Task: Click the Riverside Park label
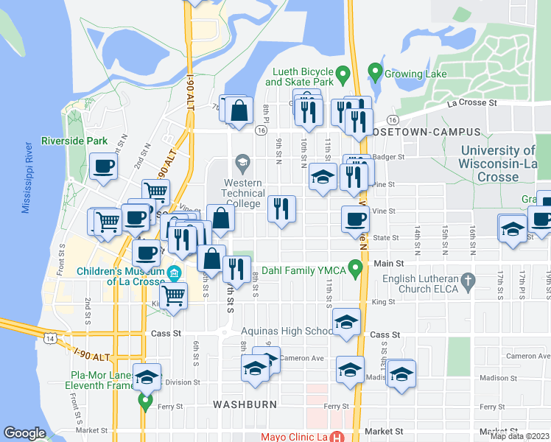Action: (74, 141)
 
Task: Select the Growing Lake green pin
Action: (374, 74)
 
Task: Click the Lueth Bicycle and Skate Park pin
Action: (342, 74)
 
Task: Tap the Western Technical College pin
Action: (242, 161)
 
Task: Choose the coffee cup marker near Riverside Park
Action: (103, 166)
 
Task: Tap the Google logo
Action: (24, 433)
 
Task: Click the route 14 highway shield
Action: (49, 337)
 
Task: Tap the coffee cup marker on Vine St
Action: (355, 219)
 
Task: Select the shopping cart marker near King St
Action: (173, 296)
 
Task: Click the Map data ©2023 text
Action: (520, 435)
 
